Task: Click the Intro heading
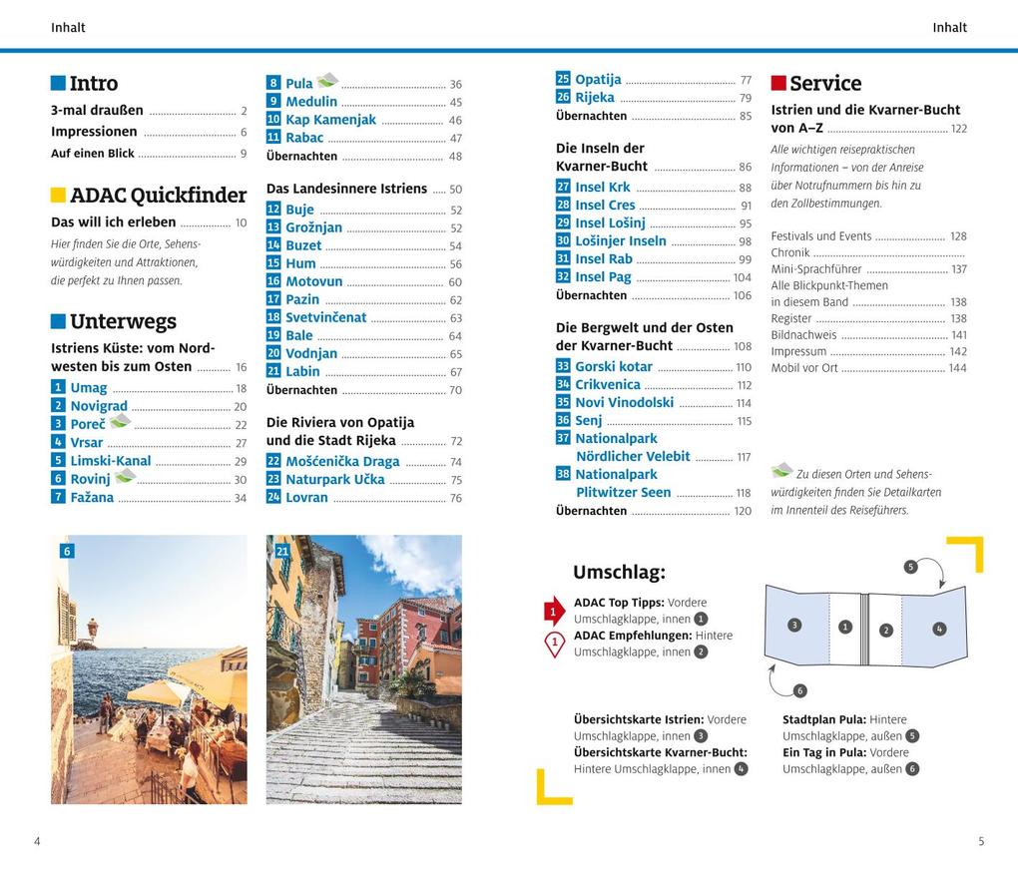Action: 93,84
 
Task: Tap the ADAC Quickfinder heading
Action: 158,196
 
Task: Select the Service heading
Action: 825,84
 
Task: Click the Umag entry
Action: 89,388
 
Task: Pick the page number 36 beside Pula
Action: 455,85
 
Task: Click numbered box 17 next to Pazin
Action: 273,299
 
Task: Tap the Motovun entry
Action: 313,281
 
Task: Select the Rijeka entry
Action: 595,98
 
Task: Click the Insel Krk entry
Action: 603,188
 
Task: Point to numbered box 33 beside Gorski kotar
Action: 563,367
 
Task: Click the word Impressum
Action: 798,351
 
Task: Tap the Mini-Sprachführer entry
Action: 815,269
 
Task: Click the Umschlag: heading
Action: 619,573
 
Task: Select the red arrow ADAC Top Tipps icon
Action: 554,611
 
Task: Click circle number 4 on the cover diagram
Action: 939,629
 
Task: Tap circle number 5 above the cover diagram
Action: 910,567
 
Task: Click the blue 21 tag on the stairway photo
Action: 282,551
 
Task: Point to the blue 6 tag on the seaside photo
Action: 67,551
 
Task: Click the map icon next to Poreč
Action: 121,422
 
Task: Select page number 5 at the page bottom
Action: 981,841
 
